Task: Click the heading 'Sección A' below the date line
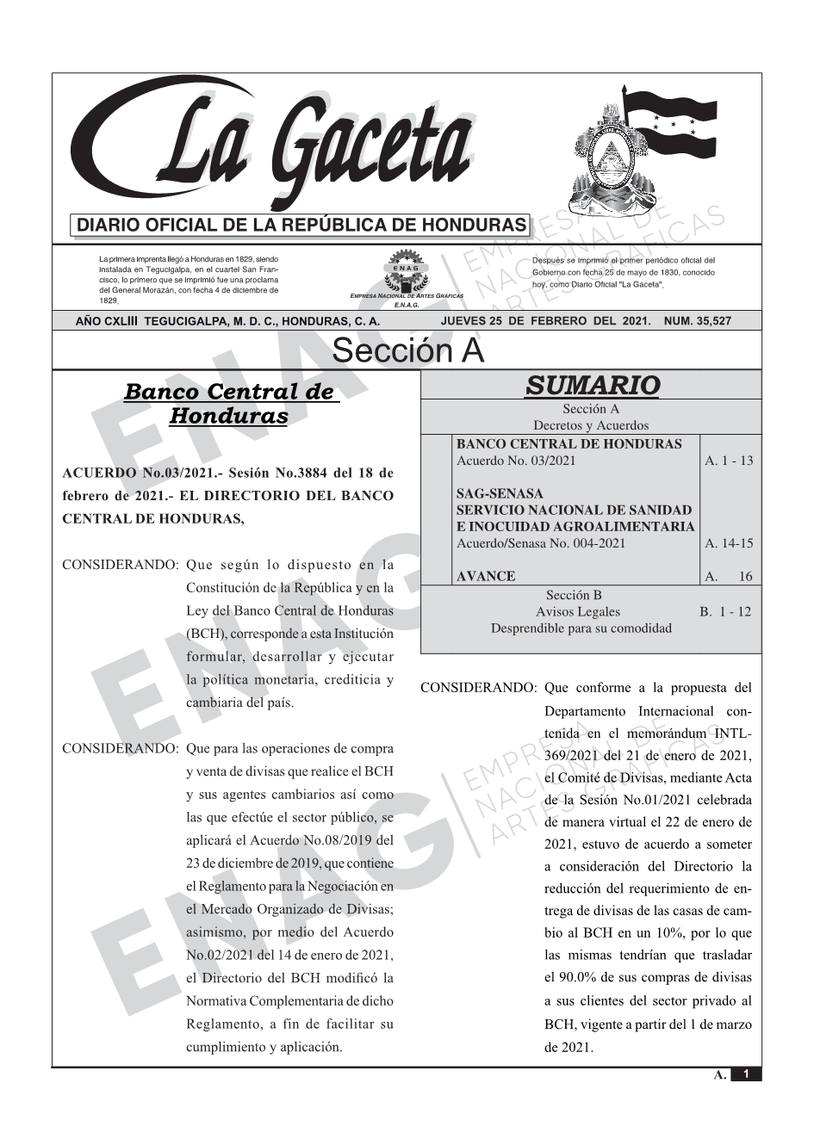[407, 351]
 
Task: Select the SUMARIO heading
[592, 385]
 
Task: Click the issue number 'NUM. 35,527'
[699, 321]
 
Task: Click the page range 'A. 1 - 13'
[729, 461]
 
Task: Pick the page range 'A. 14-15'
[729, 543]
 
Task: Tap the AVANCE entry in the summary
[486, 576]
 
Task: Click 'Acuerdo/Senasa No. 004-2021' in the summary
[540, 543]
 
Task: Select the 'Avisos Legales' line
[577, 611]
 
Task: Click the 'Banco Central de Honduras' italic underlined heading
[229, 404]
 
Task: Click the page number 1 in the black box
[747, 1074]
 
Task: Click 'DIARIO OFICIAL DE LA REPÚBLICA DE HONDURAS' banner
[301, 226]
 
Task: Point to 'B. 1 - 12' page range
[725, 611]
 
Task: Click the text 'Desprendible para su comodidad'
[581, 628]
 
